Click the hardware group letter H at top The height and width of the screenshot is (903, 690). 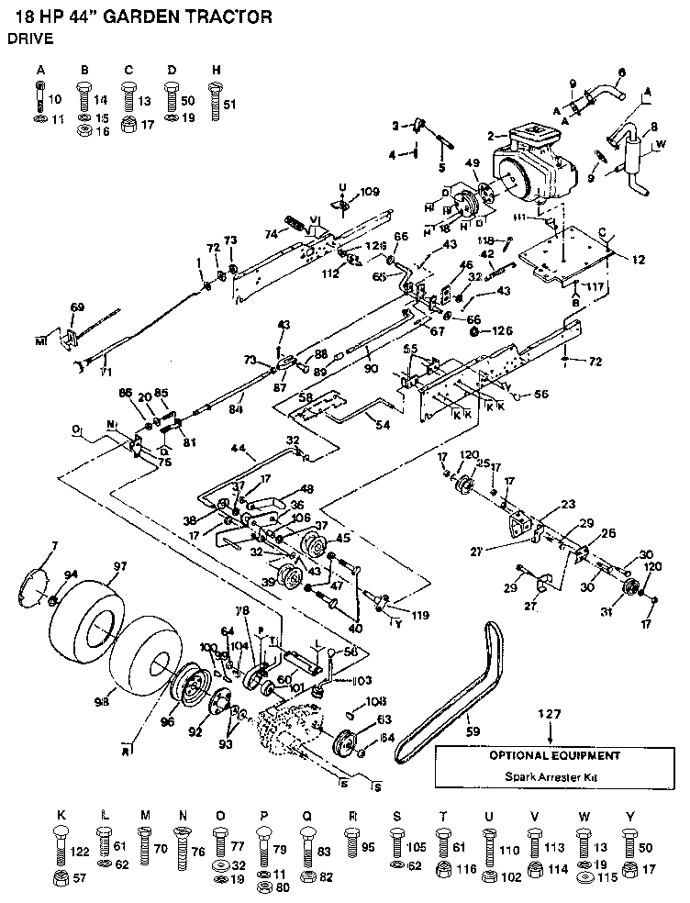216,70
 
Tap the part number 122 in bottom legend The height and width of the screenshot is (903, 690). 82,851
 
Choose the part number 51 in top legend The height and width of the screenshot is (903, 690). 230,105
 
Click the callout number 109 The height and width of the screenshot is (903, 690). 369,193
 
